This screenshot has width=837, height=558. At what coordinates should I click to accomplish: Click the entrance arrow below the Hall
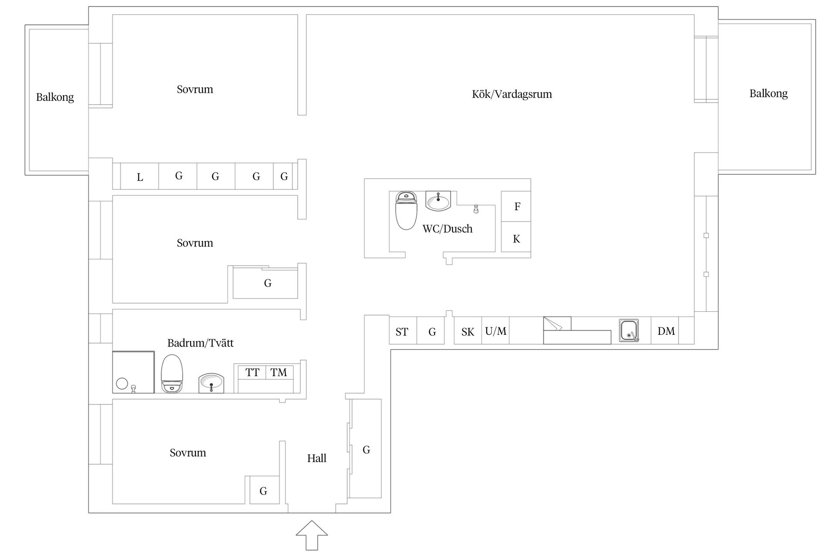(312, 535)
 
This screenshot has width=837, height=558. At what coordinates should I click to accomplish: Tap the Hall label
(316, 458)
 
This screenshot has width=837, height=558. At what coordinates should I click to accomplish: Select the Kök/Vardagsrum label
(512, 94)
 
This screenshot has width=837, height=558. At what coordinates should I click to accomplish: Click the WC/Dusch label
(447, 229)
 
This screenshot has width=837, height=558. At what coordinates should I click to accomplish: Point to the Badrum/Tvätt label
(201, 343)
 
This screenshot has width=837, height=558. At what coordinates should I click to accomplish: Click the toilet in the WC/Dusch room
(406, 210)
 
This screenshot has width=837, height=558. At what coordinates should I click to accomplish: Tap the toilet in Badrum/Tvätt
(172, 374)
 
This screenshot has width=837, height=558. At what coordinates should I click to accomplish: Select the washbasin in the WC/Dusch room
(438, 201)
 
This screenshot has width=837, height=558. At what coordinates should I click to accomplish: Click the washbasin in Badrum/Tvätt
(211, 383)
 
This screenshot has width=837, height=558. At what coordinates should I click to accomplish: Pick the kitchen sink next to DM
(629, 330)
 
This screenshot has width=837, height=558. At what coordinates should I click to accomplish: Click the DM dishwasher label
(666, 331)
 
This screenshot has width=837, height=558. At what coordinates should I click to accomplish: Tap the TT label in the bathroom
(252, 373)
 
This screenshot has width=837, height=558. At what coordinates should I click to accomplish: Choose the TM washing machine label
(279, 373)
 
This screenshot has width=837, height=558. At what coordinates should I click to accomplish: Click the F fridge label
(517, 207)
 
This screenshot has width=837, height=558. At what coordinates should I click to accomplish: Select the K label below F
(517, 239)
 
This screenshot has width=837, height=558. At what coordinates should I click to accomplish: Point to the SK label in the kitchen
(468, 332)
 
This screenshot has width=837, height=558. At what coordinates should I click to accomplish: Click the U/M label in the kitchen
(496, 331)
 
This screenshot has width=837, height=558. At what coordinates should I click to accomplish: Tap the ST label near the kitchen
(402, 332)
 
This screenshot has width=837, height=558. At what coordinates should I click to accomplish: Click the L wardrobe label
(140, 177)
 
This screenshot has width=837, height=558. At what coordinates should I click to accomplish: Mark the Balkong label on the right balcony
(769, 94)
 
